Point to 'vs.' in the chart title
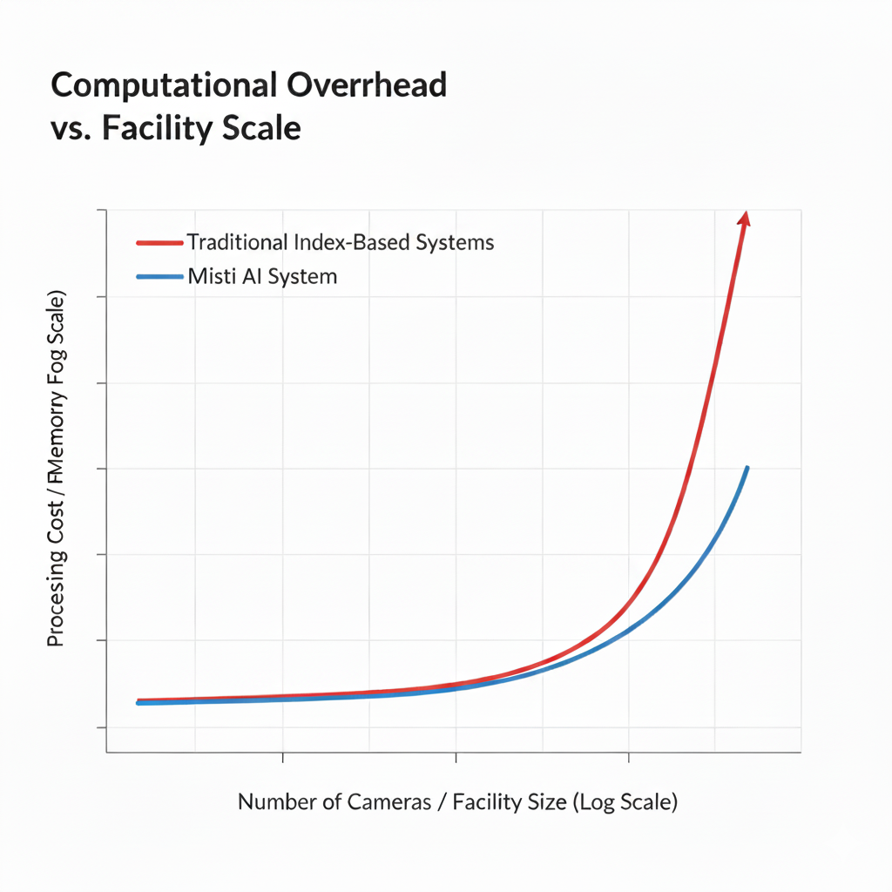73,129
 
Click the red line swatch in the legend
160,242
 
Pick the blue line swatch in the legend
160,277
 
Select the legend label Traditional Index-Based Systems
341,242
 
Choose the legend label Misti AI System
262,277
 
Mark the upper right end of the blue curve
747,469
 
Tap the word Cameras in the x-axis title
389,802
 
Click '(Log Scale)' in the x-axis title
625,802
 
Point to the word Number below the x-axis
278,802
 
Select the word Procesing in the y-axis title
56,600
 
